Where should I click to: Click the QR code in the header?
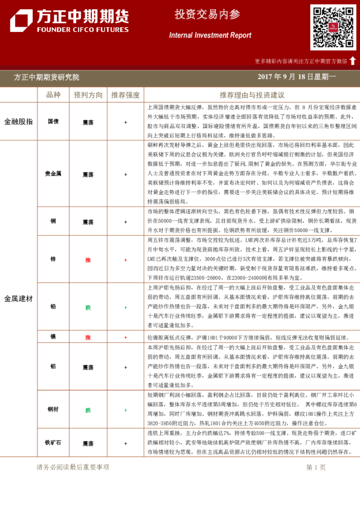(x=333, y=27)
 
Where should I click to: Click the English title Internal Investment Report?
(x=210, y=35)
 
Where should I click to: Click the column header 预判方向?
(x=88, y=95)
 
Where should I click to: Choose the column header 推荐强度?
(x=125, y=95)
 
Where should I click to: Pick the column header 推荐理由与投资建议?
(x=252, y=95)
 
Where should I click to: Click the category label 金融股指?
(x=18, y=122)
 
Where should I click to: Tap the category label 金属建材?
(x=18, y=299)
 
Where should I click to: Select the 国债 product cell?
(x=53, y=122)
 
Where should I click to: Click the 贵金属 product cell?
(x=53, y=174)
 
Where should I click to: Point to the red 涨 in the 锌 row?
(x=88, y=260)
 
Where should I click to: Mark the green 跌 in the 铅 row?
(x=88, y=307)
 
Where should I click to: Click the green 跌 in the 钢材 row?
(x=88, y=410)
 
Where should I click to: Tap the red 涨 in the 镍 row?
(x=88, y=337)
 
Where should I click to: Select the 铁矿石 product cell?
(x=53, y=443)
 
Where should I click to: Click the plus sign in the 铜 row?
(x=125, y=221)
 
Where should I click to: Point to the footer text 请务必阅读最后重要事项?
(x=73, y=467)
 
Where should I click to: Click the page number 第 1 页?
(x=316, y=467)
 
